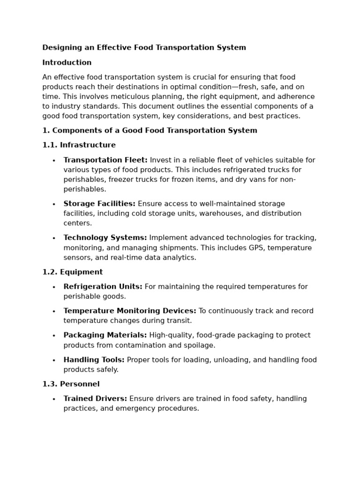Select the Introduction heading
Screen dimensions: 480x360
[67, 63]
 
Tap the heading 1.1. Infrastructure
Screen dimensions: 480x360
[79, 145]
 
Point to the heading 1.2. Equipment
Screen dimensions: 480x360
[72, 272]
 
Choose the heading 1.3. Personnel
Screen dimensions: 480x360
[71, 384]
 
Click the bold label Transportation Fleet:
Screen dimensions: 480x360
[105, 160]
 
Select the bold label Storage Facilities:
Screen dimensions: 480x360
[99, 204]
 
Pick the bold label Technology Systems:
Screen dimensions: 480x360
[105, 238]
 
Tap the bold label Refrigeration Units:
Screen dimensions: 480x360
[103, 287]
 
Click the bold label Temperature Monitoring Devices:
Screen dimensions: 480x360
[130, 311]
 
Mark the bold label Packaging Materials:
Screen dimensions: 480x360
[105, 336]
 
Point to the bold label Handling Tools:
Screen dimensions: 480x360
[94, 360]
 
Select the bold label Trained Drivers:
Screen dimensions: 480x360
[95, 399]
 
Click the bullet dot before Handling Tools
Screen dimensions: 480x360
[54, 360]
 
